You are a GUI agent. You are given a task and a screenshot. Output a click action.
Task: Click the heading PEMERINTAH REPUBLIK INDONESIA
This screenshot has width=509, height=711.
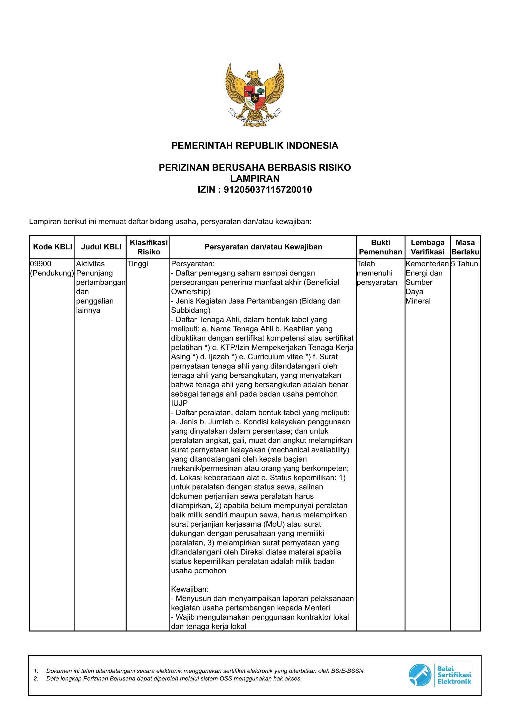255,146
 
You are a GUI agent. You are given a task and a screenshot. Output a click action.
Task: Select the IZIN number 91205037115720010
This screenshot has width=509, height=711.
267,190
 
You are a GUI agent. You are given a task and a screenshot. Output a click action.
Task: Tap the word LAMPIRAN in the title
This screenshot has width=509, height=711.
255,179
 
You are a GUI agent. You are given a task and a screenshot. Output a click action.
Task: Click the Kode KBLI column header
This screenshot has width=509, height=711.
52,247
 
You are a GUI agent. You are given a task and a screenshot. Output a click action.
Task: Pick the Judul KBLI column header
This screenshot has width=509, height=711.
101,247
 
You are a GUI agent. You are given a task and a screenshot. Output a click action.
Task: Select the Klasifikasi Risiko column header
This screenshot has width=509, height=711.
149,247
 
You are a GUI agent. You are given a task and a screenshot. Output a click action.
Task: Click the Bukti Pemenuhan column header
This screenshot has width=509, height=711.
380,247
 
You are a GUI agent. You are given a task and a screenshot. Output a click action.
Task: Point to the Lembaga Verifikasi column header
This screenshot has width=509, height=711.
428,247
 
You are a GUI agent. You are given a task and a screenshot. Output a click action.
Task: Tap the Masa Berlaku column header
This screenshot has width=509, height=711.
465,247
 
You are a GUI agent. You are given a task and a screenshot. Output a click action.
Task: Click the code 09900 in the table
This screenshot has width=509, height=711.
41,264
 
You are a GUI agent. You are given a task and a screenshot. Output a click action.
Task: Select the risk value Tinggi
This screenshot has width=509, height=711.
138,264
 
